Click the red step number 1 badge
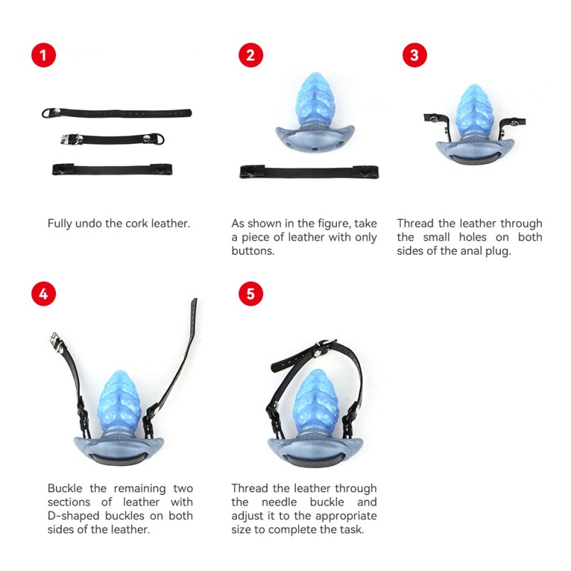click(44, 55)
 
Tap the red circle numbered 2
click(251, 55)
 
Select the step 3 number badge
click(414, 55)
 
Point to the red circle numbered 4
click(44, 294)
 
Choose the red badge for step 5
click(251, 294)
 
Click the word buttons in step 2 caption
click(253, 251)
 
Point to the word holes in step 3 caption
click(472, 237)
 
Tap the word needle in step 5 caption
click(279, 502)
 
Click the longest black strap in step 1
click(116, 113)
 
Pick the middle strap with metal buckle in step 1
click(113, 139)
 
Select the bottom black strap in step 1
click(112, 170)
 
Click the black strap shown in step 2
click(309, 172)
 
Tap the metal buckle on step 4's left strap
click(55, 342)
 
